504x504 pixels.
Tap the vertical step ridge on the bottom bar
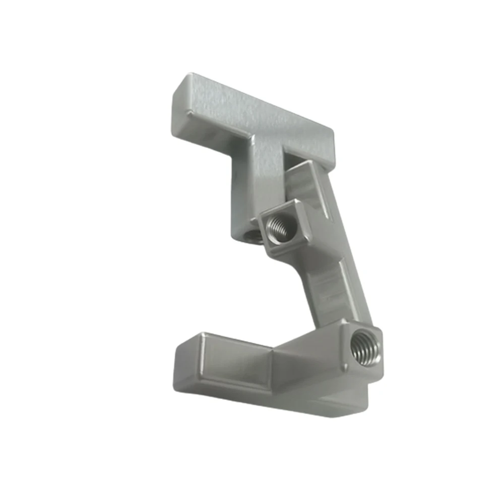tap(272, 370)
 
